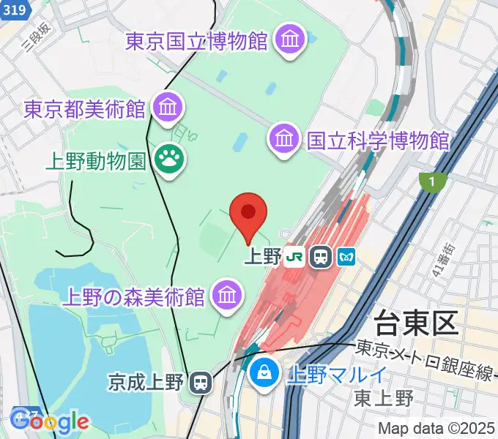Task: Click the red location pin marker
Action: pyautogui.click(x=248, y=214)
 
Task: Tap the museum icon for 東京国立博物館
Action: pyautogui.click(x=290, y=39)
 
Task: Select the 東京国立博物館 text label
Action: pyautogui.click(x=196, y=41)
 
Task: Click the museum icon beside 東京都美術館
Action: pyautogui.click(x=168, y=108)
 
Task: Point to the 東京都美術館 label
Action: pyautogui.click(x=84, y=110)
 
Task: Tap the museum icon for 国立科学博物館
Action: pyautogui.click(x=284, y=137)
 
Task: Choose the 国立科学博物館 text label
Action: pyautogui.click(x=378, y=139)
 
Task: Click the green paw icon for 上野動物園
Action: pyautogui.click(x=168, y=159)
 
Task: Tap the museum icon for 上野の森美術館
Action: pyautogui.click(x=226, y=295)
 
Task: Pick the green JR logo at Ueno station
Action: pyautogui.click(x=295, y=257)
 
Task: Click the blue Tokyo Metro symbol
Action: pyautogui.click(x=346, y=257)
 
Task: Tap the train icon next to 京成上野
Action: pyautogui.click(x=199, y=382)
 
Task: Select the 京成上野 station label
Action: pyautogui.click(x=144, y=382)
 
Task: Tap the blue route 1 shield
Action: pyautogui.click(x=434, y=181)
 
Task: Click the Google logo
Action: pyautogui.click(x=50, y=421)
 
